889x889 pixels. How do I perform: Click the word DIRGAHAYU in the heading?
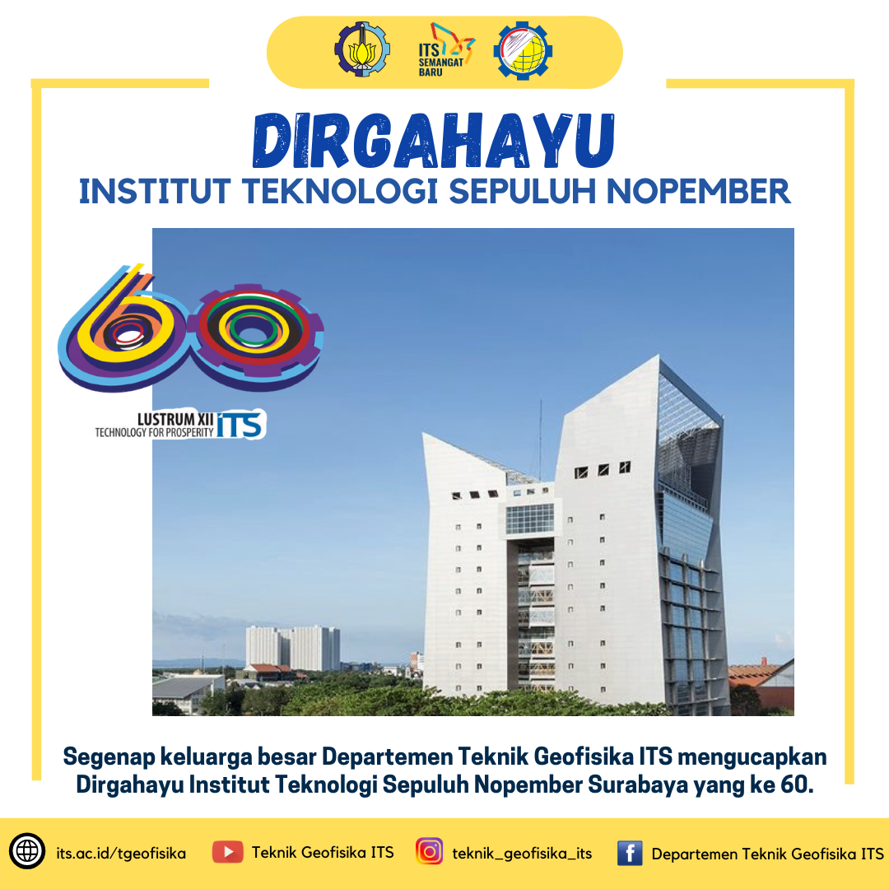coord(434,141)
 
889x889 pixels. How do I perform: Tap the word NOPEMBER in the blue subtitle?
coord(698,191)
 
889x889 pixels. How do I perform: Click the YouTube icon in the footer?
coord(228,852)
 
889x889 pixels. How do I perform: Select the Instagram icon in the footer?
coord(429,852)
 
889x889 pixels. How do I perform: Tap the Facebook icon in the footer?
coord(630,853)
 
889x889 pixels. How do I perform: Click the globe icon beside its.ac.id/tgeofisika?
coord(26,852)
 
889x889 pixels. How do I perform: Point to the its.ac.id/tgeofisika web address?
coord(121,854)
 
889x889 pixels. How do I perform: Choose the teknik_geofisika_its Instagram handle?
coord(522,854)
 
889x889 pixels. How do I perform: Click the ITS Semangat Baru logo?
coord(446,50)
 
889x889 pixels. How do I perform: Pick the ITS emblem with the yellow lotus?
coord(361,50)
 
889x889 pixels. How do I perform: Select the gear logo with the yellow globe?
coord(523,50)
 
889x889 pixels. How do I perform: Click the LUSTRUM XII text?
coord(175,420)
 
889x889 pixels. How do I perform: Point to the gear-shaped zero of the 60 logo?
coord(255,338)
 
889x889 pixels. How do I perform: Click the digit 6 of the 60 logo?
coord(122,328)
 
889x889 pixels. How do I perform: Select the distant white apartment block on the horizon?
coord(292,648)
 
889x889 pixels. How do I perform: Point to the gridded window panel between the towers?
coord(529,519)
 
